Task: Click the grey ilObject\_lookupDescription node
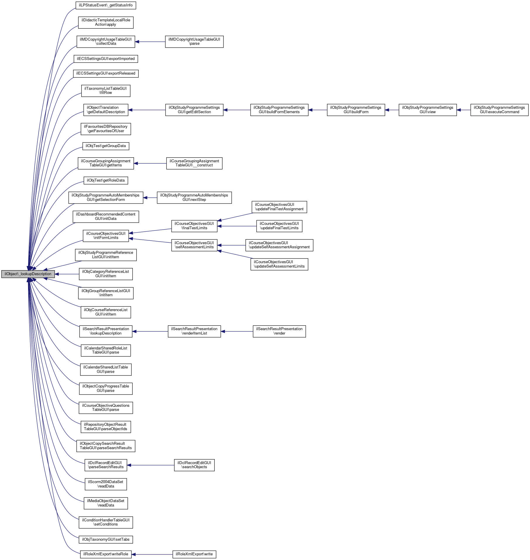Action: pos(28,274)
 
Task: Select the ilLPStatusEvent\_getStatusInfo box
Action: pos(106,5)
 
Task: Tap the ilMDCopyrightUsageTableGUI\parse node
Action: pos(194,42)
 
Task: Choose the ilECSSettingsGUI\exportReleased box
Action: pos(106,73)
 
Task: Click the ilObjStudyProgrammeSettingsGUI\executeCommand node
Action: pos(499,110)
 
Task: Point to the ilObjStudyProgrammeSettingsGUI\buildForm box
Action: pos(356,110)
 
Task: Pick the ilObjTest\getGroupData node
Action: pos(106,146)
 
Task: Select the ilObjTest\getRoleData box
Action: pos(106,180)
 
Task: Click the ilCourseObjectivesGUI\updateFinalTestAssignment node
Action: pos(279,207)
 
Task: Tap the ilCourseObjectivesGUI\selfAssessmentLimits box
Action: pos(194,245)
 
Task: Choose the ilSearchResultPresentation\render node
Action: pos(279,331)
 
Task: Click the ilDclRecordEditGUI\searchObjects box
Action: pos(194,465)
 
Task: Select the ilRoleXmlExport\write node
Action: pos(194,554)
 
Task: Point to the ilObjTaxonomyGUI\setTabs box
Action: pos(106,539)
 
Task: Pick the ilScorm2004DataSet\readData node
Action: pos(106,484)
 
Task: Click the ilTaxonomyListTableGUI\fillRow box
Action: pos(106,91)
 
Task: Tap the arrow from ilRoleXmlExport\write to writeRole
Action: pos(152,554)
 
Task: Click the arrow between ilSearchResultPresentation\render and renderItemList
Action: pos(237,331)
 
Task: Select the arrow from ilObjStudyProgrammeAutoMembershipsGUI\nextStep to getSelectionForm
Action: pos(150,198)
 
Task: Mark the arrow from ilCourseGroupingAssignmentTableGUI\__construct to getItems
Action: pos(150,163)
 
